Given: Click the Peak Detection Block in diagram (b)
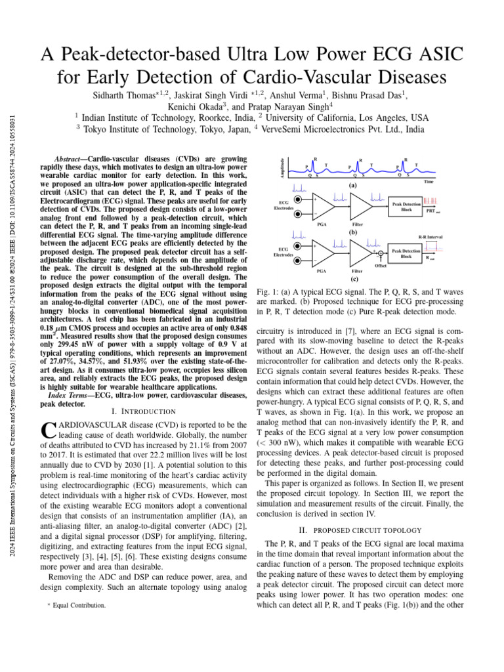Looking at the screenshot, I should pos(406,206).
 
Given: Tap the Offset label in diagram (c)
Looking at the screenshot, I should pos(381,265).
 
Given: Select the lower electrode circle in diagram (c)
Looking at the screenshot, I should pos(298,261).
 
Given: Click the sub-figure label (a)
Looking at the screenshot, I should pos(352,186).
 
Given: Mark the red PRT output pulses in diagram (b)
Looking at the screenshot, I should pos(430,200).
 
